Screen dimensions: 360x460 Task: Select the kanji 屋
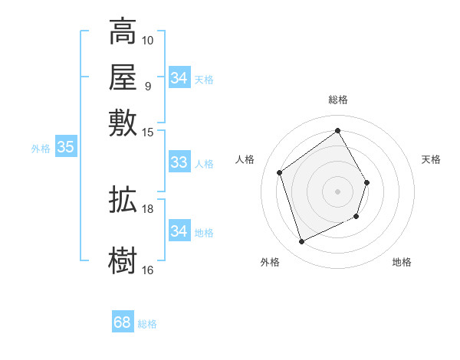pos(123,77)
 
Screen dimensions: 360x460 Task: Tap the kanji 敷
pos(123,123)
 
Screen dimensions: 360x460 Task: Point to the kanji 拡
pos(123,201)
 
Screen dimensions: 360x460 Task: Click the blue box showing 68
pos(123,322)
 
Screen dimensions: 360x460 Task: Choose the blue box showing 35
pos(65,148)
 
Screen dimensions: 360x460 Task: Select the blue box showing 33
pos(179,162)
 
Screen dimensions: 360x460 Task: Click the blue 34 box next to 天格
pos(179,78)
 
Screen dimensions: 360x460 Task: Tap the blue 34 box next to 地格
pos(179,231)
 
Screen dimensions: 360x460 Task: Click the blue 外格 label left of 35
pos(41,149)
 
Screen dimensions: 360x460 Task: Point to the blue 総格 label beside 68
pos(147,324)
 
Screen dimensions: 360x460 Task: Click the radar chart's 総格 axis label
pos(337,100)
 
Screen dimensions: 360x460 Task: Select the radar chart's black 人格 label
pos(245,159)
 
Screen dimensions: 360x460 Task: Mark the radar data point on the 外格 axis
pos(301,242)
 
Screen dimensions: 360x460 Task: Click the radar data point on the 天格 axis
pos(367,182)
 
